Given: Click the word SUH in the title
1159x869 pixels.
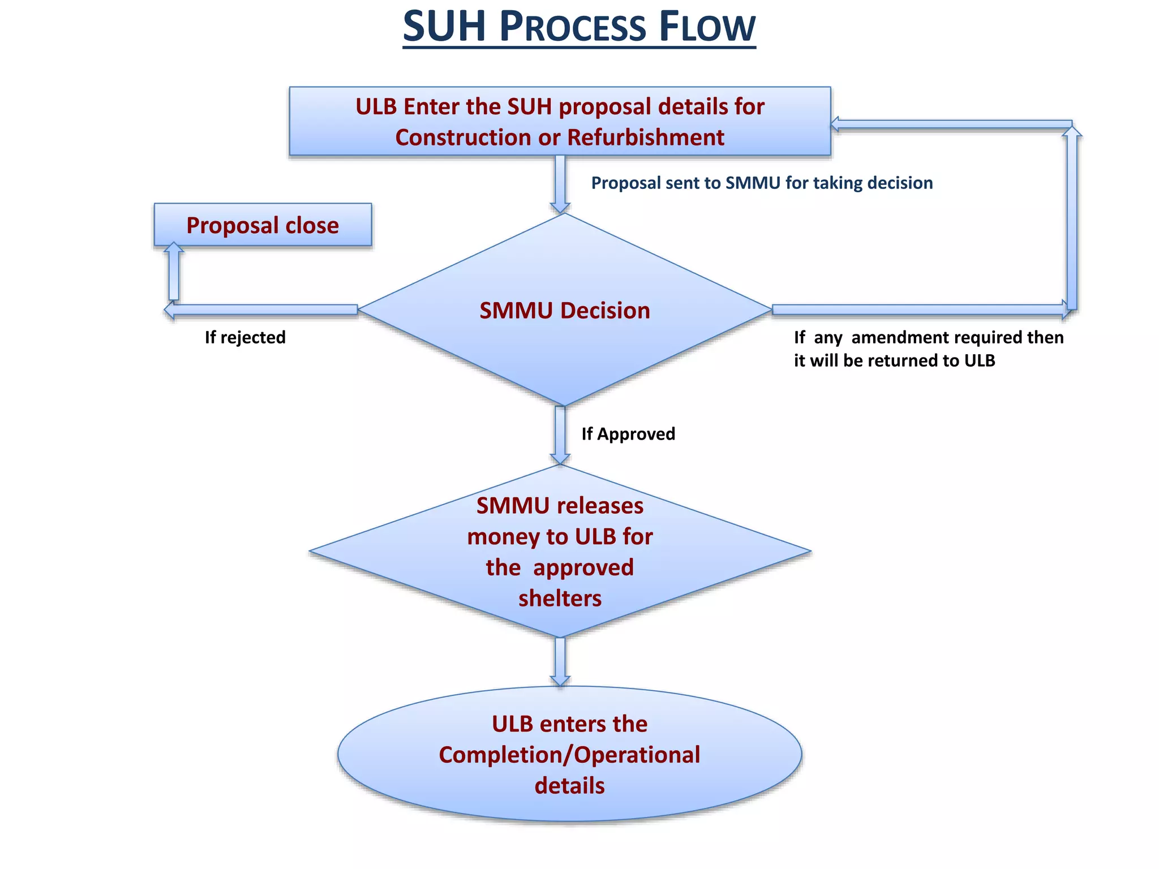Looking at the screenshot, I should pyautogui.click(x=444, y=27).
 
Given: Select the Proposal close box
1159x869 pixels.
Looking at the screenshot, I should pyautogui.click(x=263, y=225).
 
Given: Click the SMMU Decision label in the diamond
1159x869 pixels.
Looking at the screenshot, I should pyautogui.click(x=564, y=311).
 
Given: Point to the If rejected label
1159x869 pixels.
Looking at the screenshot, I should pyautogui.click(x=245, y=338).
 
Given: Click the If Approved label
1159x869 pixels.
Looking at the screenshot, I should pyautogui.click(x=628, y=434).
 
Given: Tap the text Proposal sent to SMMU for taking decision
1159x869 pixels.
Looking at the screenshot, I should pyautogui.click(x=762, y=183).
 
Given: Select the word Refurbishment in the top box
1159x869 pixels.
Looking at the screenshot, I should pyautogui.click(x=646, y=137).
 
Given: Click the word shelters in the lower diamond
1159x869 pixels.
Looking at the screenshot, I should pyautogui.click(x=560, y=598).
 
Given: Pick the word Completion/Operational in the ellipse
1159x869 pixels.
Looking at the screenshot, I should pyautogui.click(x=569, y=755).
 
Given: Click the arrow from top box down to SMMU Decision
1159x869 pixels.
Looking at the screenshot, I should pyautogui.click(x=560, y=184).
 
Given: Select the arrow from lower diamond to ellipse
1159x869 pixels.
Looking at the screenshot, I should pyautogui.click(x=560, y=661).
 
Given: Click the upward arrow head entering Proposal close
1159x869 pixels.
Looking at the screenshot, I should pyautogui.click(x=174, y=248).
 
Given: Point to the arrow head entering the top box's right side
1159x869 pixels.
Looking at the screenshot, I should pyautogui.click(x=835, y=124).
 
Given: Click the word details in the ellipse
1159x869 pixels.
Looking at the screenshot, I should pyautogui.click(x=569, y=786).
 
